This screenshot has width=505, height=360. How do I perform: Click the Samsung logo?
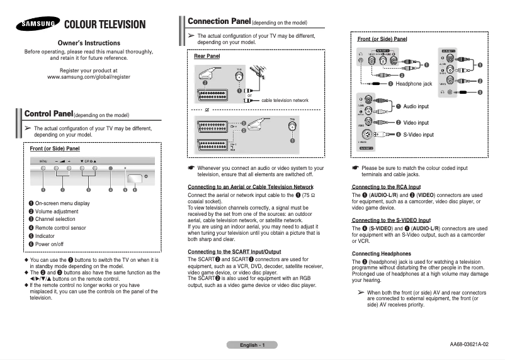pyautogui.click(x=35, y=25)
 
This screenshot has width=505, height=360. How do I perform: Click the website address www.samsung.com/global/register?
pyautogui.click(x=89, y=76)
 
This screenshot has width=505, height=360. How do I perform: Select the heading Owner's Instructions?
pyautogui.click(x=89, y=42)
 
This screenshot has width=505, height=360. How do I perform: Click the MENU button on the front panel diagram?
pyautogui.click(x=43, y=169)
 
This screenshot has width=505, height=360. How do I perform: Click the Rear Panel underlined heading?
pyautogui.click(x=207, y=56)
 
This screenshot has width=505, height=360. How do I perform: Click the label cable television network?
pyautogui.click(x=285, y=100)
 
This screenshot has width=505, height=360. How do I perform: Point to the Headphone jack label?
pyautogui.click(x=413, y=84)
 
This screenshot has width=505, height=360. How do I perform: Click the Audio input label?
pyautogui.click(x=416, y=106)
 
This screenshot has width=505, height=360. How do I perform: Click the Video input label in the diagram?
pyautogui.click(x=416, y=123)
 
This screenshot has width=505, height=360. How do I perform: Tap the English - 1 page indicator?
pyautogui.click(x=252, y=345)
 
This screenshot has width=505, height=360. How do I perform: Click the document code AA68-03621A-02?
pyautogui.click(x=469, y=344)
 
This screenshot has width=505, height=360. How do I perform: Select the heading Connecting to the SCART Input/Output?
pyautogui.click(x=234, y=252)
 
